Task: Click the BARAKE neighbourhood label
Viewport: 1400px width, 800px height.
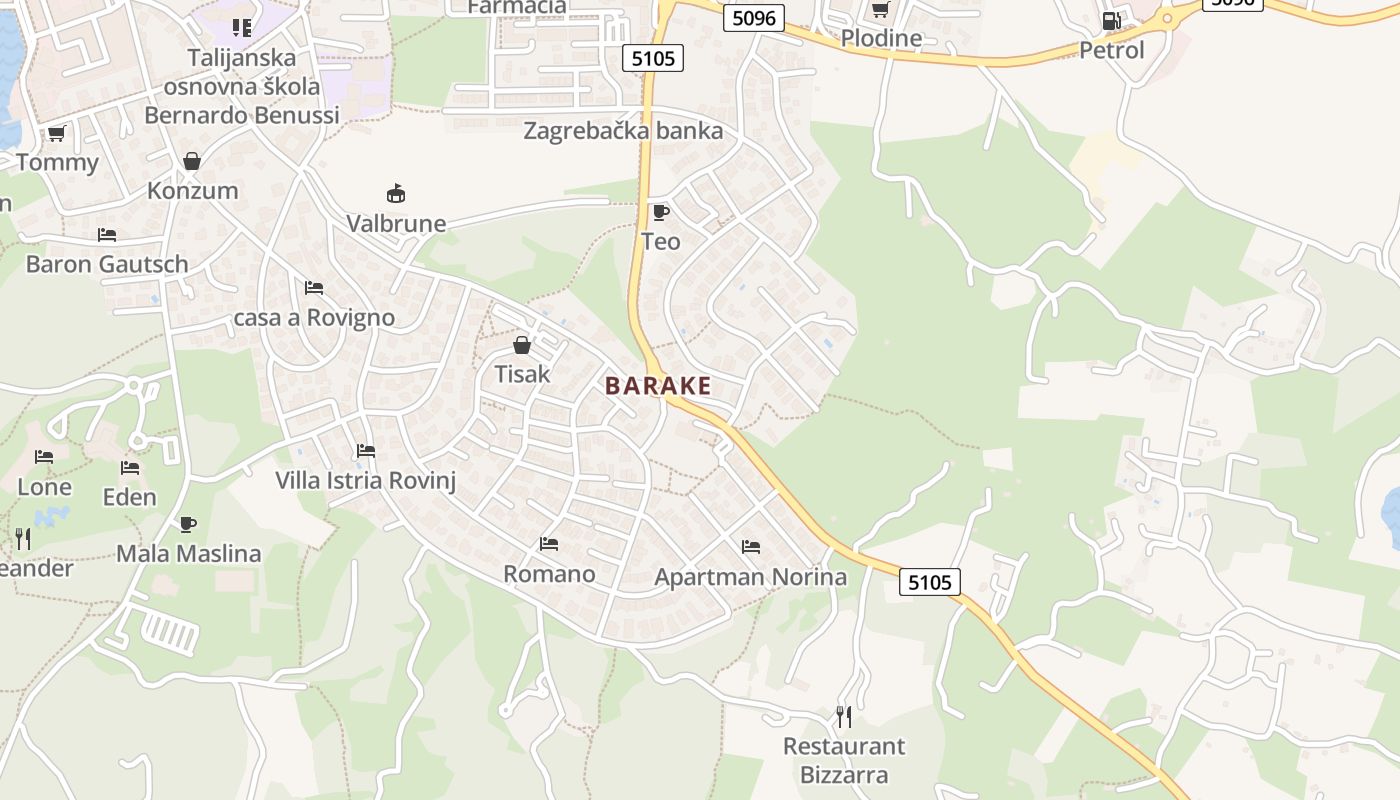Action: click(x=658, y=386)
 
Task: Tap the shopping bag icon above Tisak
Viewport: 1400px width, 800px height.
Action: click(x=522, y=345)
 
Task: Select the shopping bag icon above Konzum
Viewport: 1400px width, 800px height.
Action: click(x=192, y=161)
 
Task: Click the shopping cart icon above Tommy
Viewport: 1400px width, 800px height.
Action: click(x=57, y=133)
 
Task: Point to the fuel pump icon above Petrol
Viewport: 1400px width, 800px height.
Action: click(x=1111, y=20)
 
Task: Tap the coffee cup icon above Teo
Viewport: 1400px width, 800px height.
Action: click(x=660, y=212)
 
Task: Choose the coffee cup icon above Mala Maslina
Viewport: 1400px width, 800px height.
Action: click(x=188, y=524)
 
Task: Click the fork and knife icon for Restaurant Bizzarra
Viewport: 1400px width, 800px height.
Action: click(x=844, y=716)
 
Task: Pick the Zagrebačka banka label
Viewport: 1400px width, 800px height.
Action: click(x=623, y=131)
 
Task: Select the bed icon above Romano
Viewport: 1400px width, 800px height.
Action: click(x=549, y=544)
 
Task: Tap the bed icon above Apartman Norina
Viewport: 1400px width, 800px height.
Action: click(x=751, y=547)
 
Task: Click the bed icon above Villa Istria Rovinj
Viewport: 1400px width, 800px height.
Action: click(x=366, y=451)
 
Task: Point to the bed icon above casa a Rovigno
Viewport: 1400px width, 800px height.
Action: click(x=314, y=288)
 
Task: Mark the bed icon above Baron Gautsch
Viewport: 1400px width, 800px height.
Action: click(x=107, y=235)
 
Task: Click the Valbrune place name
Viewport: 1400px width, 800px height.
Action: click(x=396, y=223)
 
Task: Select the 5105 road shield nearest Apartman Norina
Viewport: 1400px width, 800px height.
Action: click(x=930, y=582)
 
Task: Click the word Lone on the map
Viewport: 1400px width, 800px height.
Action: click(x=45, y=488)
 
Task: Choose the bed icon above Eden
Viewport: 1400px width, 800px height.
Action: click(x=130, y=467)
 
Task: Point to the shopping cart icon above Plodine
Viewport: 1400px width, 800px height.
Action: click(x=880, y=10)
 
